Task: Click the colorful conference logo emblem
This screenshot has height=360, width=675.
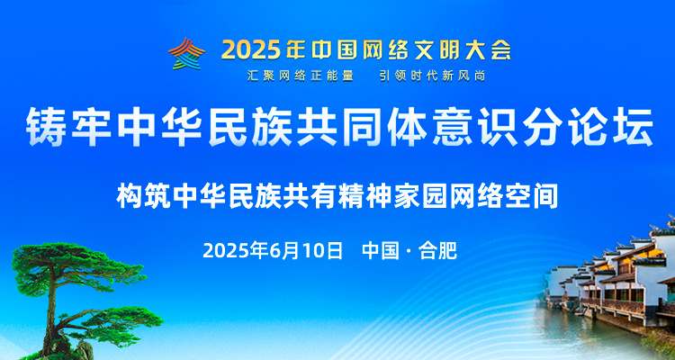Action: coord(186,53)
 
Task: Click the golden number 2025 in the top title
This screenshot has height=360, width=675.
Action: coord(250,50)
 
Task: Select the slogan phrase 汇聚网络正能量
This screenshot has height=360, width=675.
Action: coord(301,76)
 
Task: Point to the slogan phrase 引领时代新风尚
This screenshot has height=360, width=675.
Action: coord(433,76)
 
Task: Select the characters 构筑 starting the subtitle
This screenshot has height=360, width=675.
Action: coord(142,196)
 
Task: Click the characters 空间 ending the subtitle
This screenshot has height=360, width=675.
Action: coord(532,196)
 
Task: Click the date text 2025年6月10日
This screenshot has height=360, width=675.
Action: coord(273,250)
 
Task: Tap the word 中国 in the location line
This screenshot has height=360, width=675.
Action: coord(381,250)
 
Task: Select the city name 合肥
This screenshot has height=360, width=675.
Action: coord(437,250)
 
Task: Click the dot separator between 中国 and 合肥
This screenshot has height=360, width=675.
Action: coord(409,251)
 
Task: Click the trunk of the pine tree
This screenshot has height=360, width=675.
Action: coord(50,310)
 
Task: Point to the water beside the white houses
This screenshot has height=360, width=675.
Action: coord(577,331)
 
